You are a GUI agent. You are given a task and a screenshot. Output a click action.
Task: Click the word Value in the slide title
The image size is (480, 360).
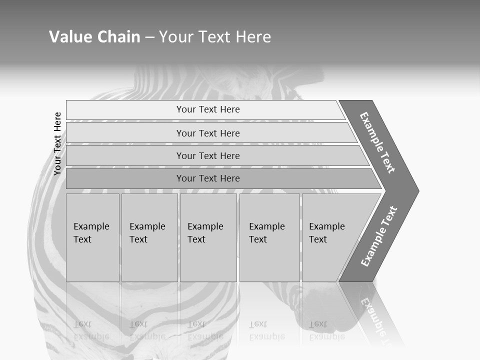pyautogui.click(x=69, y=37)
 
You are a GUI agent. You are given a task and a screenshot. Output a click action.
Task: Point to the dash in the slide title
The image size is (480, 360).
pyautogui.click(x=149, y=37)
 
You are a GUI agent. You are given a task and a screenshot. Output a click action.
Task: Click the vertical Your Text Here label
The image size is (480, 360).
pyautogui.click(x=57, y=143)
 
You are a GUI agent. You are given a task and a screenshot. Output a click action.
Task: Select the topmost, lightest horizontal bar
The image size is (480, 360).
pyautogui.click(x=125, y=110)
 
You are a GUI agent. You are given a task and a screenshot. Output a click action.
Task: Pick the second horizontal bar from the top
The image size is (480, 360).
pyautogui.click(x=125, y=133)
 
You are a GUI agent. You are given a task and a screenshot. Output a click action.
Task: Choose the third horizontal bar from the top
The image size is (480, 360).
pyautogui.click(x=125, y=155)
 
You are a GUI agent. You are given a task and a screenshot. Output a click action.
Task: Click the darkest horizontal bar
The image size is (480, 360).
pyautogui.click(x=125, y=178)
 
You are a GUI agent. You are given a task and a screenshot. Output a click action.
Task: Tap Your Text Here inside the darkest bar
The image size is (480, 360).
pyautogui.click(x=208, y=178)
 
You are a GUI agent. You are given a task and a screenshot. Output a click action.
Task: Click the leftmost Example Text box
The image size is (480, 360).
pyautogui.click(x=92, y=237)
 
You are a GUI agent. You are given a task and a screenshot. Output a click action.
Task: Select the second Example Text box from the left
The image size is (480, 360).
pyautogui.click(x=149, y=237)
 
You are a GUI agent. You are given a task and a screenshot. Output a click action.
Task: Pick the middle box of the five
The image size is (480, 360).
pyautogui.click(x=208, y=237)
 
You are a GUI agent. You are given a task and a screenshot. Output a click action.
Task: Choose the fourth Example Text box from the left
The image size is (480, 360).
pyautogui.click(x=269, y=237)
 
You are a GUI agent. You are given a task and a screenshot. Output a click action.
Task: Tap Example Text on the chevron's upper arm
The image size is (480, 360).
pyautogui.click(x=377, y=142)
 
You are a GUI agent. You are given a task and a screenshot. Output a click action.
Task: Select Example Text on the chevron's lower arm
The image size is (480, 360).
pyautogui.click(x=378, y=236)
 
